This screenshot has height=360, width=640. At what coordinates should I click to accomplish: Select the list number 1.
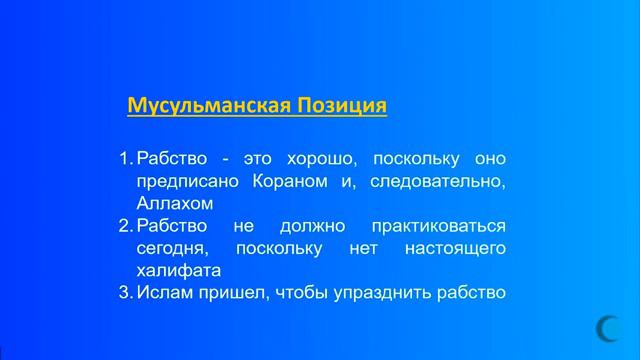(125, 159)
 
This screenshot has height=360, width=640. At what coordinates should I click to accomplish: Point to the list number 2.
(125, 226)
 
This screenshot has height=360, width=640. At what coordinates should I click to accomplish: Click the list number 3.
(125, 292)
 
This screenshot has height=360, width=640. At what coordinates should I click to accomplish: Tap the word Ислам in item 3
(161, 292)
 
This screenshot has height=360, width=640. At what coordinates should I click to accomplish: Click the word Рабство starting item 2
(170, 226)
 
